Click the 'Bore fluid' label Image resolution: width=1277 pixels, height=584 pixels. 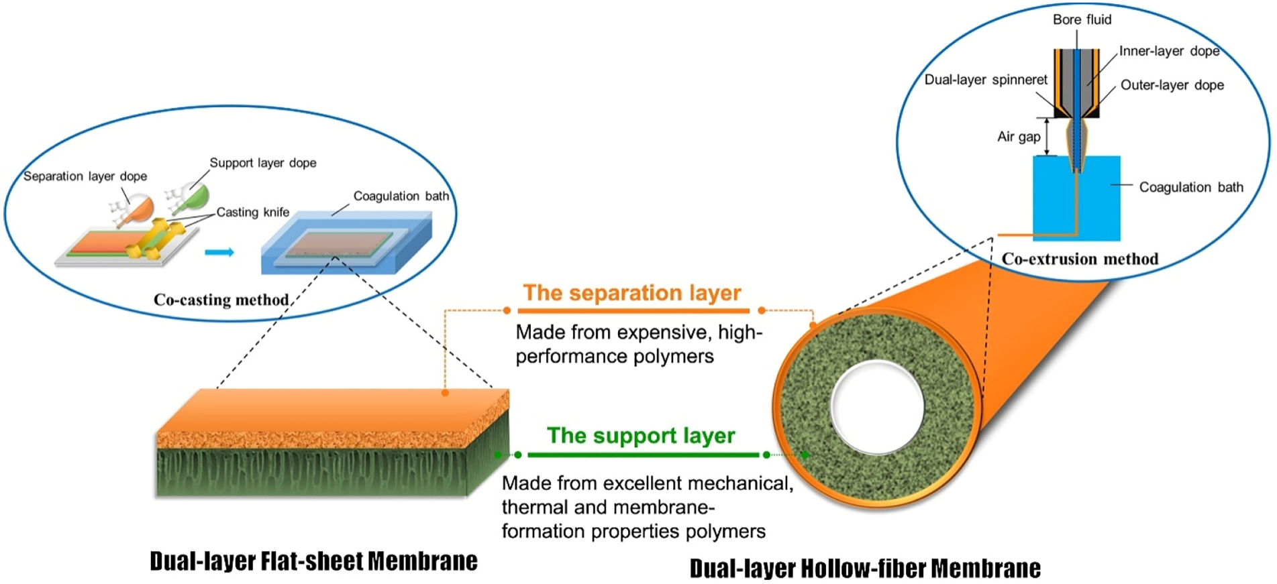coord(1082,20)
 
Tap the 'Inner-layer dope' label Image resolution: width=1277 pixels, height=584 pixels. coord(1169,52)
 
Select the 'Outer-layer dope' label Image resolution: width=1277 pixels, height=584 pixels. coord(1172,86)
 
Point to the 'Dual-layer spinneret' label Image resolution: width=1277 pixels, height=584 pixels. coord(985,80)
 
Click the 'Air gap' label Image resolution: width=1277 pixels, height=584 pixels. coord(1018,137)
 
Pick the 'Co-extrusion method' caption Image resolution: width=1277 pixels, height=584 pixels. coord(1080,259)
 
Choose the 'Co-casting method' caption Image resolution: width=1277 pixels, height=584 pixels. coord(221,300)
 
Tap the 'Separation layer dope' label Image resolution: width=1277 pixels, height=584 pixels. coord(85,176)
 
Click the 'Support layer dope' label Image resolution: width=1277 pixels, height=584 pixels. coord(262,163)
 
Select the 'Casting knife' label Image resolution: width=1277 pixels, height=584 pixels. coord(252,213)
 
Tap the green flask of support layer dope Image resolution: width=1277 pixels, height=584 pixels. coord(195,197)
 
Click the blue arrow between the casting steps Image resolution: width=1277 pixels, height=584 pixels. coord(219,252)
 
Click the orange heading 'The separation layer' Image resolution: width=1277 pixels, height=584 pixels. coord(631,293)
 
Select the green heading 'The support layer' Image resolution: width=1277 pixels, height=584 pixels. coord(641,436)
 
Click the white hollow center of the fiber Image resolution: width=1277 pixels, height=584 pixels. coord(876,407)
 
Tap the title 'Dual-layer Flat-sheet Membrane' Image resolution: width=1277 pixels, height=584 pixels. coord(313,561)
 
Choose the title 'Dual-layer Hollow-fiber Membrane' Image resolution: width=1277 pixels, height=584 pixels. coord(865,569)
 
